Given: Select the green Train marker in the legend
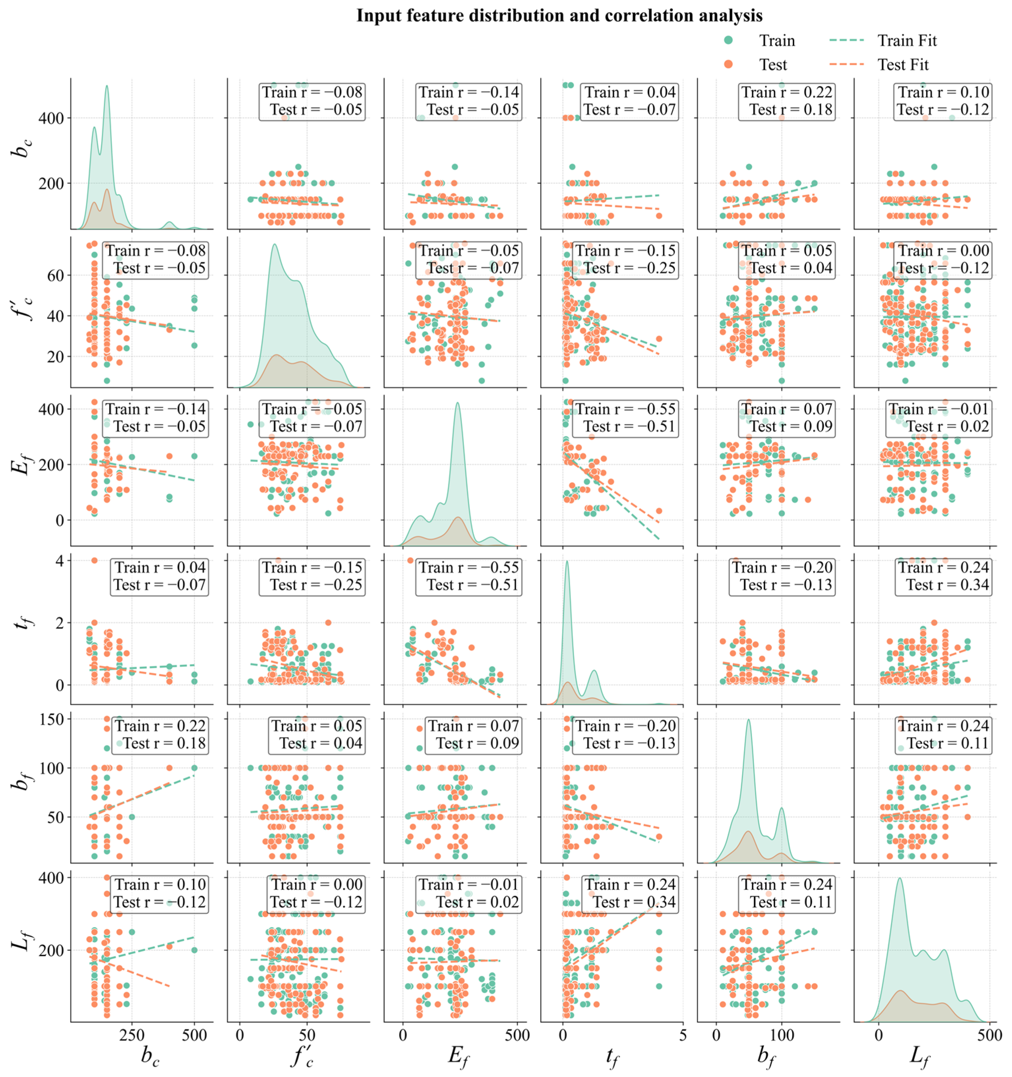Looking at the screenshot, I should coord(729,40).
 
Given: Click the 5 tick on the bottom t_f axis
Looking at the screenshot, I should coord(682,1035).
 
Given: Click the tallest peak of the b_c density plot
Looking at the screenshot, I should coord(107,87).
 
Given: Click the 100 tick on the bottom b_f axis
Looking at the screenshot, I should coord(781,1035).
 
